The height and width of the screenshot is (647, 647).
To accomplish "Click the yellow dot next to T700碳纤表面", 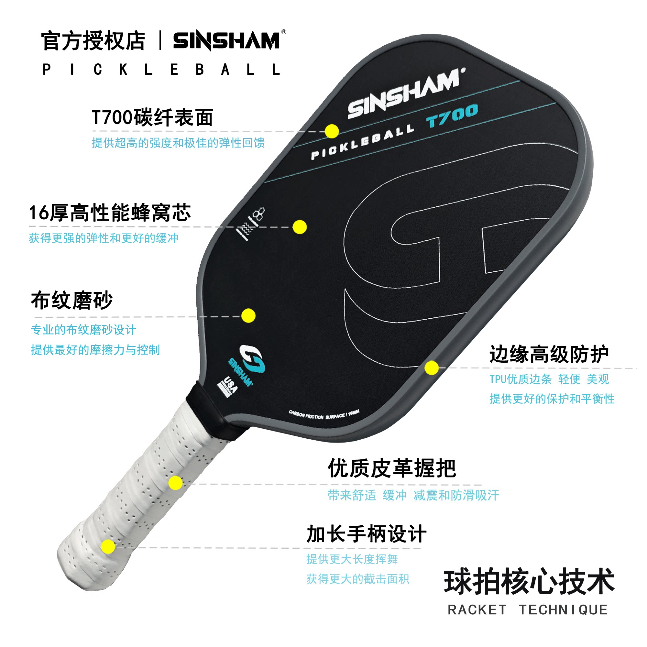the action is click(x=332, y=131).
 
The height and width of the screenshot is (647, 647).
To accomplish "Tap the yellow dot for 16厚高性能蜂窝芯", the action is click(x=299, y=227).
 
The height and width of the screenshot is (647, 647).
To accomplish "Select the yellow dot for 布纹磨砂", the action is click(x=248, y=315).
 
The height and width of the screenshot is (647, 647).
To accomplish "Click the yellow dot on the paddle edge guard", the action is click(x=431, y=368).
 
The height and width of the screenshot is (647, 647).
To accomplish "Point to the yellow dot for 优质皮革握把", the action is click(x=175, y=483).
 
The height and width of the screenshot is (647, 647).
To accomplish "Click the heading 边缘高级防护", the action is click(x=549, y=354).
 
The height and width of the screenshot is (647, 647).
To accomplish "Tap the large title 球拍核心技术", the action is click(x=529, y=582).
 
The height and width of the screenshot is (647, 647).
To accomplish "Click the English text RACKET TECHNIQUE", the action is click(x=528, y=610).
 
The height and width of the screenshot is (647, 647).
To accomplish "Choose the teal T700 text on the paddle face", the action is click(x=452, y=115).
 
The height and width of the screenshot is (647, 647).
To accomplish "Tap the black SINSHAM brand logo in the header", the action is click(x=226, y=41).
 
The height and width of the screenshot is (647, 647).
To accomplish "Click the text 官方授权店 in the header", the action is click(x=93, y=41).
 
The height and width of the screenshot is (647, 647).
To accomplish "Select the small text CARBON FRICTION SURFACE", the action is click(x=323, y=415).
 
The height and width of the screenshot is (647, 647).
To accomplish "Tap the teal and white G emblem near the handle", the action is click(x=252, y=359).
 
